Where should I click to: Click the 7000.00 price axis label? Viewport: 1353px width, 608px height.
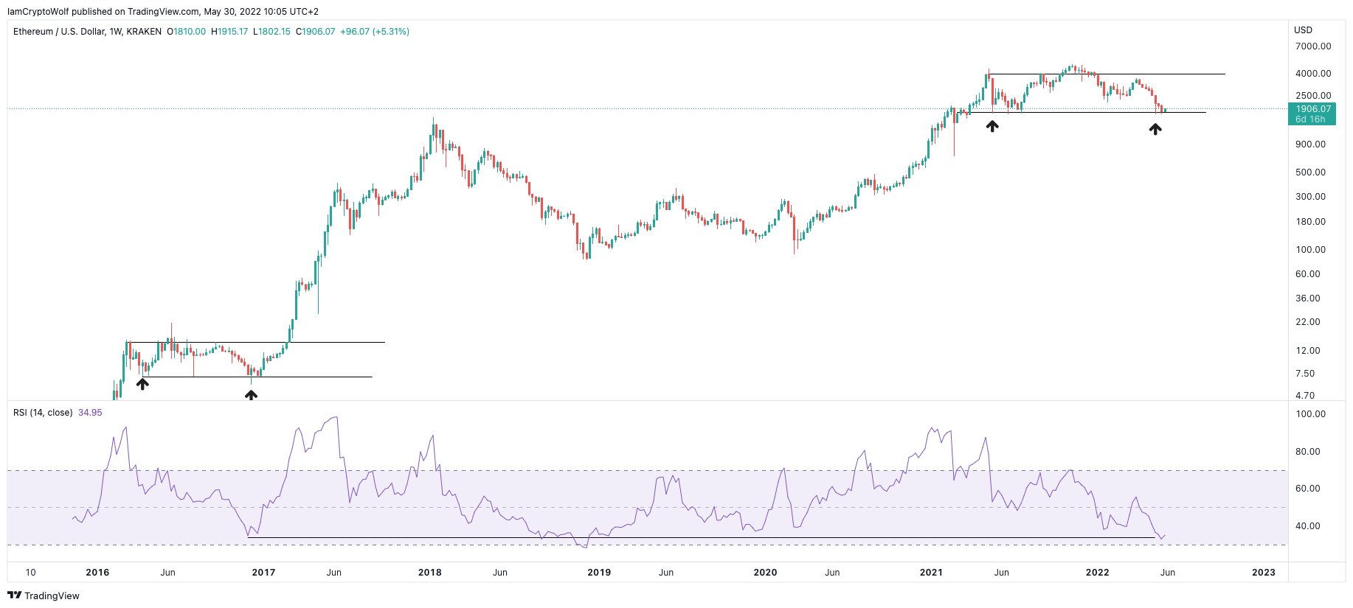point(1313,46)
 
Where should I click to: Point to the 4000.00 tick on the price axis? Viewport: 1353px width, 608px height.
point(1313,74)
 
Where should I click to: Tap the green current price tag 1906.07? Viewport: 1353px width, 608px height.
point(1313,109)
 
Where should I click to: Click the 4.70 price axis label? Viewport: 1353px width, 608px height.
point(1305,396)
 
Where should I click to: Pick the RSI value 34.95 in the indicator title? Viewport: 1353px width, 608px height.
point(90,413)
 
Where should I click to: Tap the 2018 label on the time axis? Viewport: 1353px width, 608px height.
point(429,573)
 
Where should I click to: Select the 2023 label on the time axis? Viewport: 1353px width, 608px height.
point(1264,573)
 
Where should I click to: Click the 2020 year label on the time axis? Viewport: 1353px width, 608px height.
point(765,573)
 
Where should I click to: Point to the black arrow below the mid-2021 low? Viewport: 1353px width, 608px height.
point(992,127)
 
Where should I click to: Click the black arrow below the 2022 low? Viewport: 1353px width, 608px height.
point(1155,129)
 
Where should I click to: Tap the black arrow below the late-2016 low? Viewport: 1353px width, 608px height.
point(251,396)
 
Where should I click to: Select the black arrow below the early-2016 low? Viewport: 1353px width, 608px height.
point(142,384)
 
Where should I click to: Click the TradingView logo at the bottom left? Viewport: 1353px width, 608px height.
point(44,595)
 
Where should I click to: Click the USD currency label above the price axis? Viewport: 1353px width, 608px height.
point(1304,30)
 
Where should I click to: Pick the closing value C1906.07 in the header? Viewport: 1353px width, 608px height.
point(315,32)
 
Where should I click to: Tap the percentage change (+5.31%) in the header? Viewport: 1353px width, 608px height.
point(391,32)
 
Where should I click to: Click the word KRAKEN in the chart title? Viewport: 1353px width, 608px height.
point(144,32)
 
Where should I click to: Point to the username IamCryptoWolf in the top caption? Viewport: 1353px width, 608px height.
point(38,12)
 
